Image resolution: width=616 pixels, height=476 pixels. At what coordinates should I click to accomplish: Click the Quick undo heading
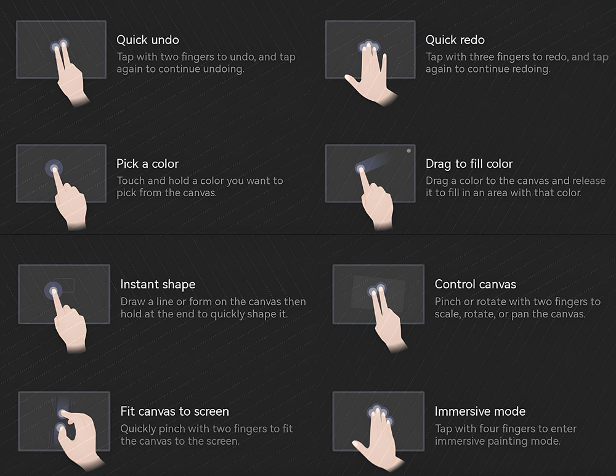click(148, 40)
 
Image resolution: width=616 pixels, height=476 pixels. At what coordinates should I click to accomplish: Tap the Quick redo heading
click(455, 40)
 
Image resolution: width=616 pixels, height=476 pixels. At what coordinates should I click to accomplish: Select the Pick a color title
click(147, 164)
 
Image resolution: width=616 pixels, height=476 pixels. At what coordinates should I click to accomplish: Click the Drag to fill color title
click(469, 164)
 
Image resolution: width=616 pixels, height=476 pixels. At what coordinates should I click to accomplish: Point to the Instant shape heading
click(158, 284)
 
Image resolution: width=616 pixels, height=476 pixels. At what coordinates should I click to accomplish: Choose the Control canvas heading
click(476, 284)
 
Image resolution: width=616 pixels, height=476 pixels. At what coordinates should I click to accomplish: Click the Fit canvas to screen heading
click(174, 411)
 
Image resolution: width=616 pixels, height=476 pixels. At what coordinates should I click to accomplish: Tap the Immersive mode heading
click(480, 411)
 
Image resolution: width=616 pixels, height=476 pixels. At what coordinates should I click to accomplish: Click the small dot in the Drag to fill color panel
click(408, 151)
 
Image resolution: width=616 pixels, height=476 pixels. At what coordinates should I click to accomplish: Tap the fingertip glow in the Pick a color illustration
click(54, 169)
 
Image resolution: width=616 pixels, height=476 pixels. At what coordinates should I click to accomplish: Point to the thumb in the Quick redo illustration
click(352, 82)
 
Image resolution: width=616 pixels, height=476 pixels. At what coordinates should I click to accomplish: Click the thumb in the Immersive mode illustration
click(359, 446)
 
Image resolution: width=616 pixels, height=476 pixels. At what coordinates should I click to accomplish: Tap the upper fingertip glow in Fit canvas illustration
click(63, 413)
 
